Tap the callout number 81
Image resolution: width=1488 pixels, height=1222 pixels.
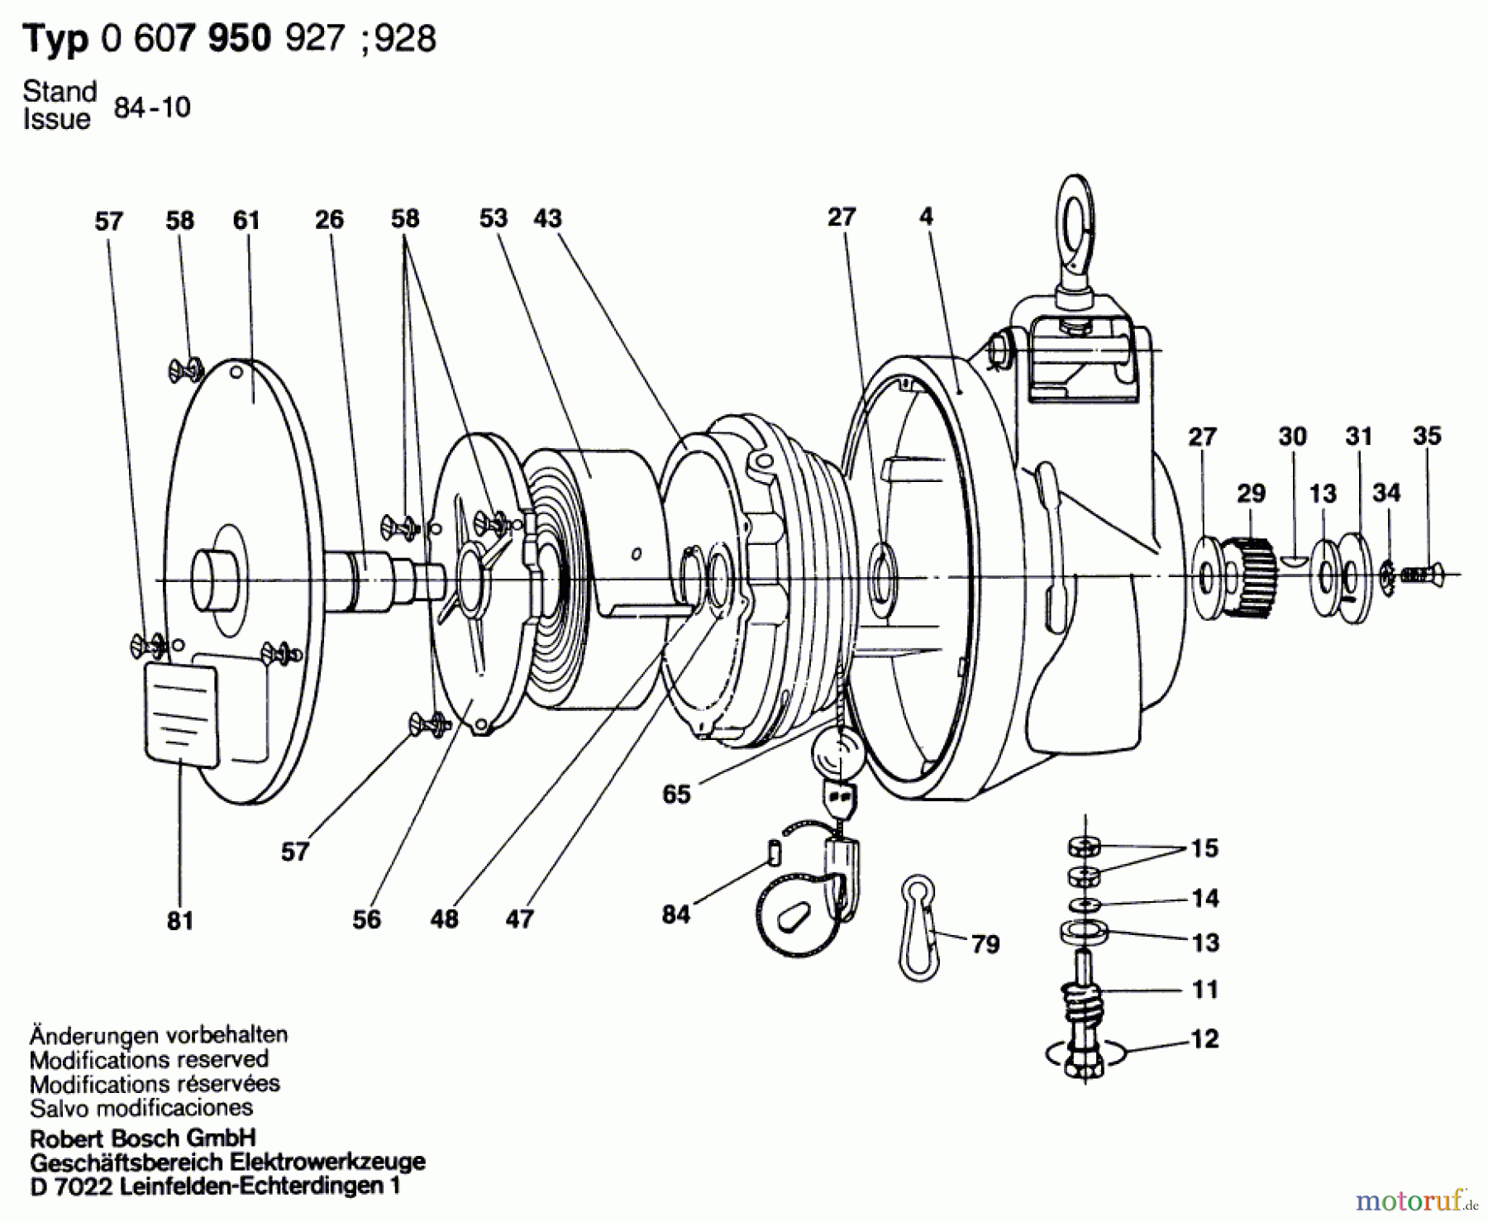(179, 920)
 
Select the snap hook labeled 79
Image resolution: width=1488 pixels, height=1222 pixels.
(918, 927)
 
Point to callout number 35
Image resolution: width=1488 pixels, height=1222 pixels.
(1427, 436)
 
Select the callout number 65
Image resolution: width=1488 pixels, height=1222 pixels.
(676, 795)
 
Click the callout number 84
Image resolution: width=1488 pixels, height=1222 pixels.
(675, 914)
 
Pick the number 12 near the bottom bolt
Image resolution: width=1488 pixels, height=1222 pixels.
(1204, 1039)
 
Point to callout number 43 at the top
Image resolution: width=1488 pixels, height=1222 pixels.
(547, 218)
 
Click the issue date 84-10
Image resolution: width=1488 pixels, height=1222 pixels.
(152, 107)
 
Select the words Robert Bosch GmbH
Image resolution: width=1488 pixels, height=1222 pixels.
(142, 1138)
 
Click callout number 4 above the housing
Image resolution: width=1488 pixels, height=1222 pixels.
(926, 217)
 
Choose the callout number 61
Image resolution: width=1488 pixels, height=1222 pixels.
(246, 221)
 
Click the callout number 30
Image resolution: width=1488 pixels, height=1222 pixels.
(1292, 437)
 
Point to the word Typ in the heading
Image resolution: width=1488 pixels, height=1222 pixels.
(55, 39)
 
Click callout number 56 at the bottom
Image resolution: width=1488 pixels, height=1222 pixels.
(366, 919)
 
